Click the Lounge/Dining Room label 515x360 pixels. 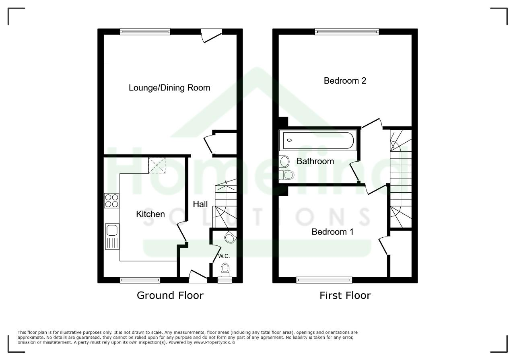[169, 88]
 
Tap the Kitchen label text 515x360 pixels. [150, 214]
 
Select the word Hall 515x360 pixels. [200, 204]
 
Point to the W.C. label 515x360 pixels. [224, 256]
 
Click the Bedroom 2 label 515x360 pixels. [345, 81]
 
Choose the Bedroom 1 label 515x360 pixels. [332, 232]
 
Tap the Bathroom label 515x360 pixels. [315, 161]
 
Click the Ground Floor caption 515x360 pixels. [170, 295]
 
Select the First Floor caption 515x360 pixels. [345, 295]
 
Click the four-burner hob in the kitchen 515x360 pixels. [111, 201]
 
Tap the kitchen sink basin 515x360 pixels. [112, 230]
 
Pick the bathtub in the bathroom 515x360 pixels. [318, 140]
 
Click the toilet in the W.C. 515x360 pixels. [225, 270]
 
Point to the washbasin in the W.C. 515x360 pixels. [231, 237]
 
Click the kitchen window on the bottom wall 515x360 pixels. [140, 280]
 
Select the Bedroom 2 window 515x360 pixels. [347, 32]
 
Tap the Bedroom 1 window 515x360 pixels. [324, 280]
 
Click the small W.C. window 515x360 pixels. [225, 280]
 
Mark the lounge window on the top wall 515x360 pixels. [145, 32]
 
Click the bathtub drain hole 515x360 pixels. [289, 140]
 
